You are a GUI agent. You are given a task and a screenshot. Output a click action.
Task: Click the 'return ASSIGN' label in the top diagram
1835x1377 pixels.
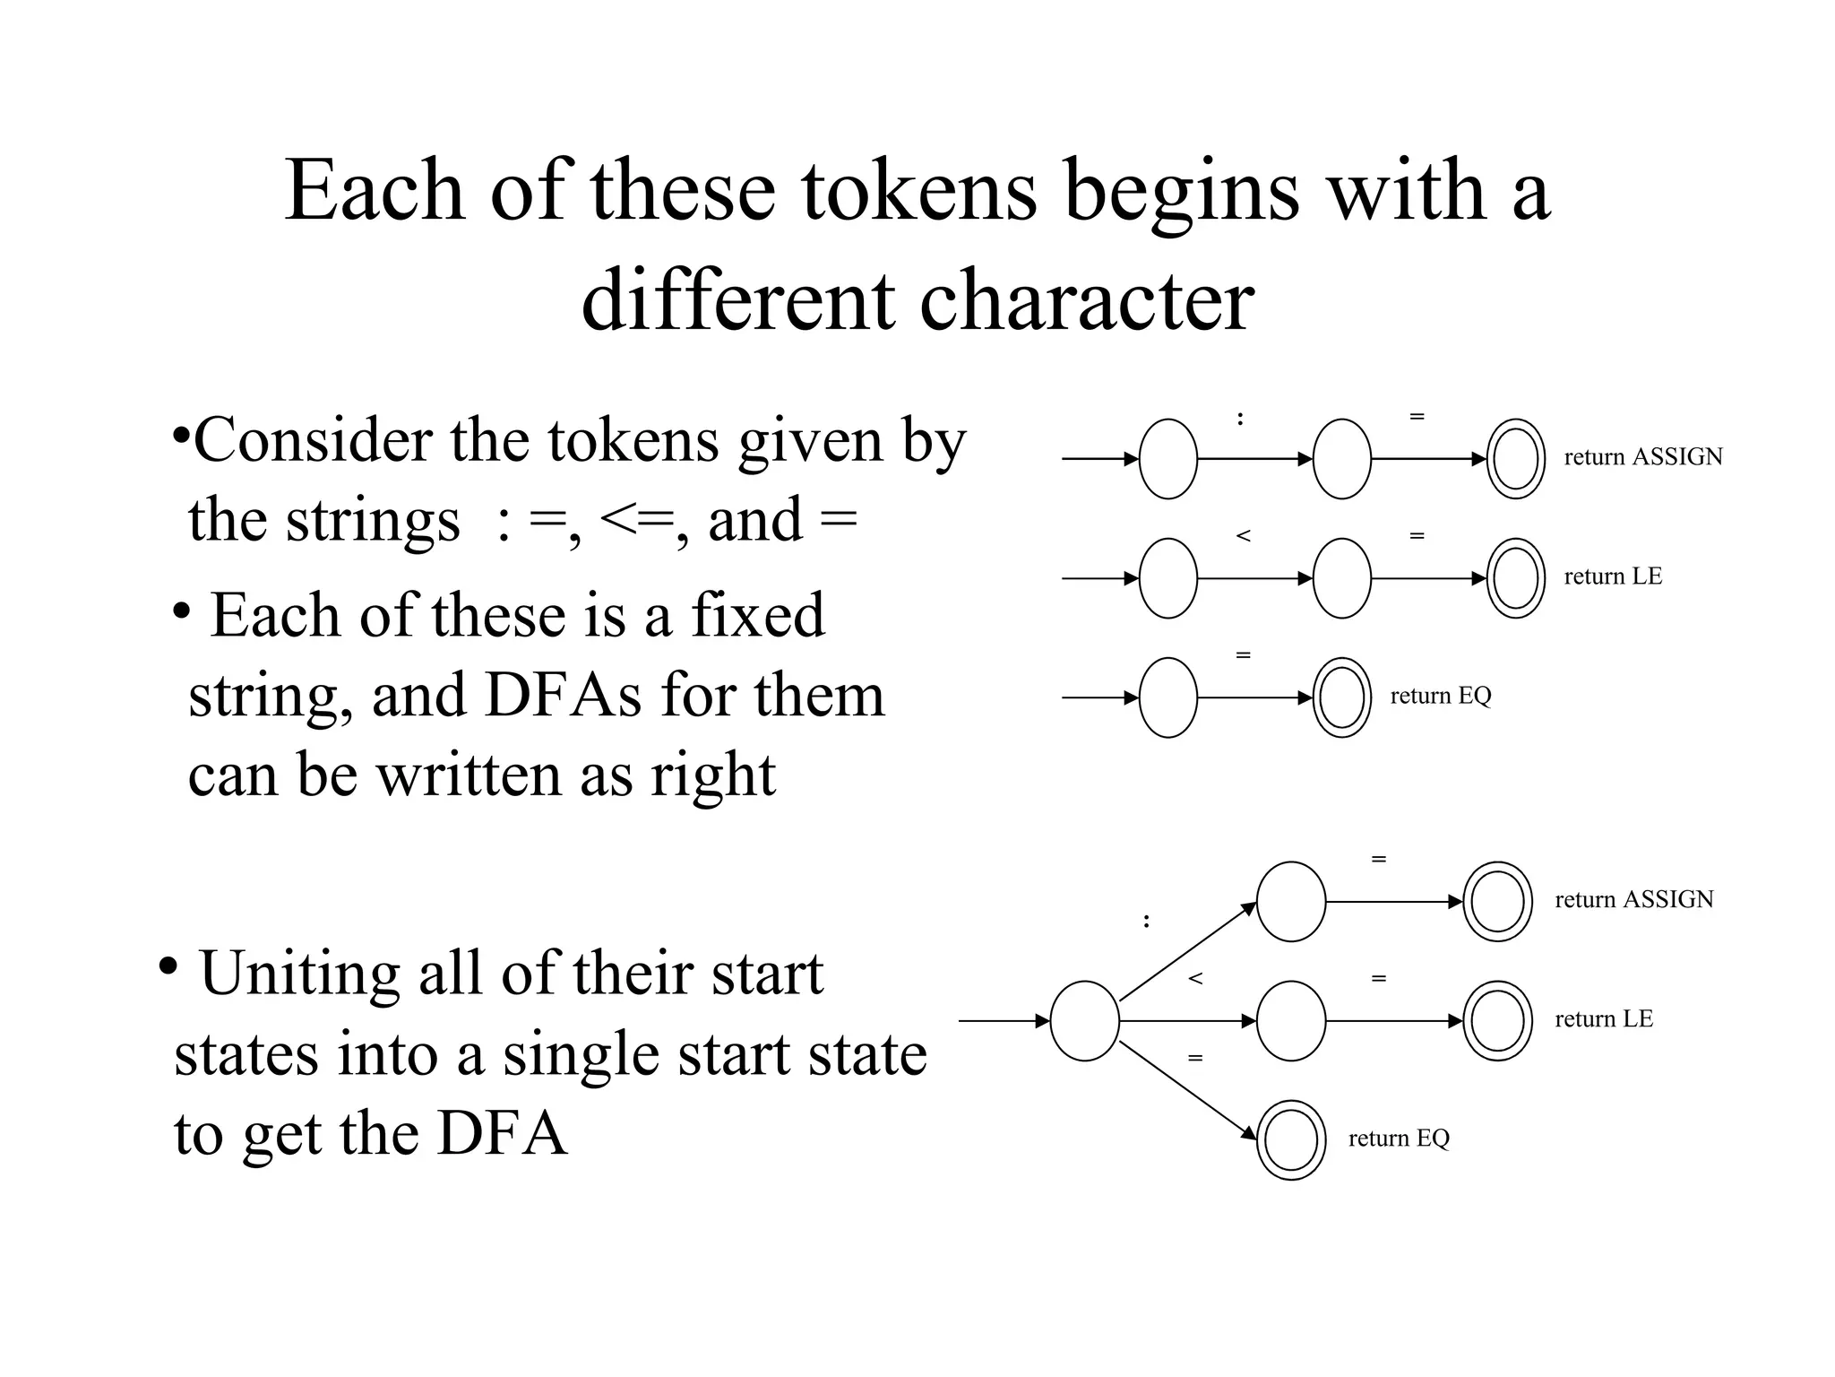click(x=1642, y=457)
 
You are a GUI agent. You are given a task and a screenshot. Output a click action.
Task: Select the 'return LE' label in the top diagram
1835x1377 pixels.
click(x=1612, y=576)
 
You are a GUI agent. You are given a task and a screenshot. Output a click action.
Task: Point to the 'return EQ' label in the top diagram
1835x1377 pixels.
click(x=1440, y=696)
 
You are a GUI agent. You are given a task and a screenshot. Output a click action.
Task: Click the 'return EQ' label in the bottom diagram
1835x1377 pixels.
click(x=1398, y=1139)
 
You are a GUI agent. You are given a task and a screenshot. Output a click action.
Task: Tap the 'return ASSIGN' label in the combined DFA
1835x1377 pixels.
click(x=1633, y=899)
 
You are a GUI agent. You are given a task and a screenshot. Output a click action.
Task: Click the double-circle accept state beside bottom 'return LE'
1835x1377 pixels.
click(x=1497, y=1021)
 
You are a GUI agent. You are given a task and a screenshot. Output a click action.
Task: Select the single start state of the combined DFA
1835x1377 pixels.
click(x=1084, y=1021)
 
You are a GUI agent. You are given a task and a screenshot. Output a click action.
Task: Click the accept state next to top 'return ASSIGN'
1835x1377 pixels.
click(x=1515, y=459)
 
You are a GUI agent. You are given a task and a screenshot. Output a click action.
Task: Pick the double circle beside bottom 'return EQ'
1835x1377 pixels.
click(x=1290, y=1139)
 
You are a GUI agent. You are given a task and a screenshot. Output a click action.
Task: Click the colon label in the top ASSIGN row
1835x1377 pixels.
click(x=1240, y=418)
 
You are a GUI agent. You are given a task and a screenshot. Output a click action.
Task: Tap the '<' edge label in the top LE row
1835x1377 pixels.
click(x=1243, y=536)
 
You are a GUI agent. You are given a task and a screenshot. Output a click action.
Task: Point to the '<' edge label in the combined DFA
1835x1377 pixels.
click(x=1194, y=979)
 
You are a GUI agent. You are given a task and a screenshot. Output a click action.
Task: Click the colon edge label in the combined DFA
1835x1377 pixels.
click(x=1146, y=921)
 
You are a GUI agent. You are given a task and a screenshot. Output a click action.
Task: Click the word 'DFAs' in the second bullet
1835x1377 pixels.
click(x=562, y=696)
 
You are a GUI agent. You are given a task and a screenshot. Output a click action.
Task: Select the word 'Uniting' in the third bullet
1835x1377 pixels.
click(x=299, y=974)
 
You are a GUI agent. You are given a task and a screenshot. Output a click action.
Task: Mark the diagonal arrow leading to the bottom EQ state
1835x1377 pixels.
click(x=1187, y=1090)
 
